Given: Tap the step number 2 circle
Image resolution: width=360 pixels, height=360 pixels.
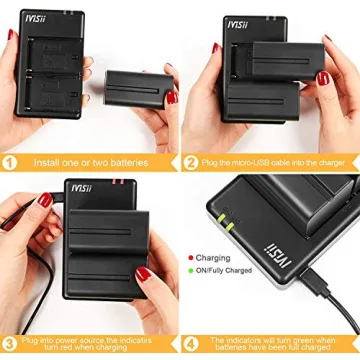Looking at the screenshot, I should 189,162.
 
